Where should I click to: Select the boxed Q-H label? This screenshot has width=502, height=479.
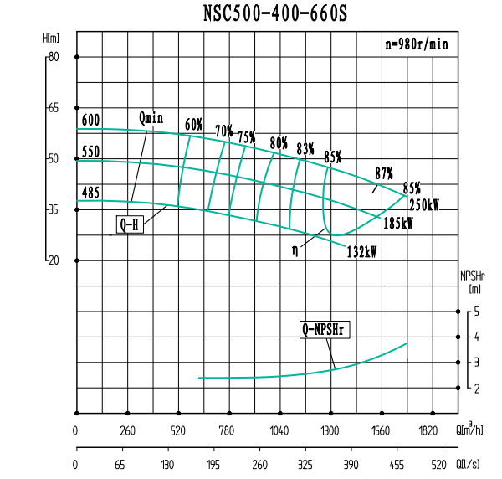coord(130,224)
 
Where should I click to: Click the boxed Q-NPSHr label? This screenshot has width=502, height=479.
coord(325,330)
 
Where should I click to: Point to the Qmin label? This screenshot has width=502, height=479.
coord(151,118)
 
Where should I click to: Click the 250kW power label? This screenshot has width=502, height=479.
coord(425,203)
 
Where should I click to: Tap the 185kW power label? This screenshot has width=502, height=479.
coord(398,224)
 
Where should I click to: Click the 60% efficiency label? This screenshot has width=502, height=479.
coord(194,124)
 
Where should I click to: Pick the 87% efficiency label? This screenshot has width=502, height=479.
coord(384,173)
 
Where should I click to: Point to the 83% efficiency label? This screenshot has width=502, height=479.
coord(305,149)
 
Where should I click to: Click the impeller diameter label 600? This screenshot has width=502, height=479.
coord(90,121)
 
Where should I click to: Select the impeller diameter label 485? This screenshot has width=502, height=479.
coord(90,193)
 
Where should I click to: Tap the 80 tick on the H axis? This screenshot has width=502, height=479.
coord(53,57)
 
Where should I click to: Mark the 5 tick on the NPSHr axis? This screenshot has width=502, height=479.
coord(476,312)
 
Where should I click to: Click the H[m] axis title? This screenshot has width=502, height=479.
coord(51,39)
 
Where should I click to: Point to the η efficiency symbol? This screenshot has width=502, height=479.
coord(295,250)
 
